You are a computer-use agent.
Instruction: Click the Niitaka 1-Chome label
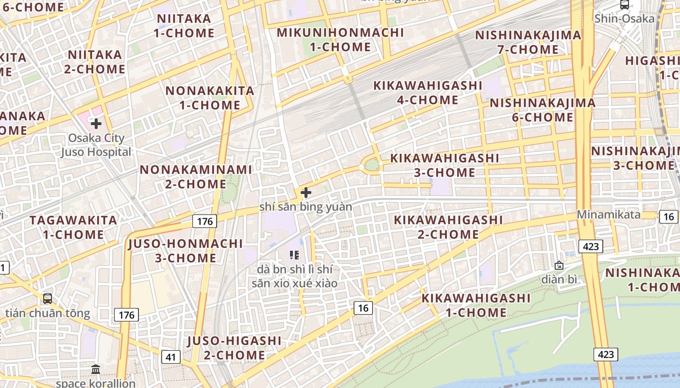click(x=184, y=26)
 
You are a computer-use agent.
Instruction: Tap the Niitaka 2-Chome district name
click(x=95, y=62)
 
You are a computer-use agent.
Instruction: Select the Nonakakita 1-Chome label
click(x=210, y=98)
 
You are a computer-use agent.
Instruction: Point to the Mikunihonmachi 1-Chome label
click(x=340, y=40)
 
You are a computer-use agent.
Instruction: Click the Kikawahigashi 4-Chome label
click(x=427, y=93)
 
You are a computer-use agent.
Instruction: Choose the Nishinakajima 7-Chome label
click(x=528, y=42)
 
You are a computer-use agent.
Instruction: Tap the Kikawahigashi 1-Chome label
click(x=476, y=305)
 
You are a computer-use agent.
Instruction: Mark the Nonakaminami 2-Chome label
click(x=196, y=177)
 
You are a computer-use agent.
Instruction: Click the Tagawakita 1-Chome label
click(x=73, y=227)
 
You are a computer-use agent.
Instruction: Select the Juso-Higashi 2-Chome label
click(x=234, y=348)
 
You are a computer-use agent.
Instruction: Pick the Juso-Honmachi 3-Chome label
click(x=186, y=251)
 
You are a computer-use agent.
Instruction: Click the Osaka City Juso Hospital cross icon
click(x=96, y=124)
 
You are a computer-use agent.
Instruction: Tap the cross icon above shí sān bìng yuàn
click(x=306, y=193)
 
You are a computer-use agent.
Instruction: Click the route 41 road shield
click(x=170, y=357)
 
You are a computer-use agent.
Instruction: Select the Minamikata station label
click(x=609, y=214)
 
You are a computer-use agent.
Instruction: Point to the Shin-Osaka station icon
click(x=625, y=5)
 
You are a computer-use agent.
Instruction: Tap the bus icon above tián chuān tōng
click(x=48, y=299)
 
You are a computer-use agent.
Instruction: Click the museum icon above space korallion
click(x=96, y=370)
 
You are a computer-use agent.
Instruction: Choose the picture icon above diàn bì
click(x=559, y=265)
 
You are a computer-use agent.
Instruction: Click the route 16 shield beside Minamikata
click(x=668, y=217)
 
